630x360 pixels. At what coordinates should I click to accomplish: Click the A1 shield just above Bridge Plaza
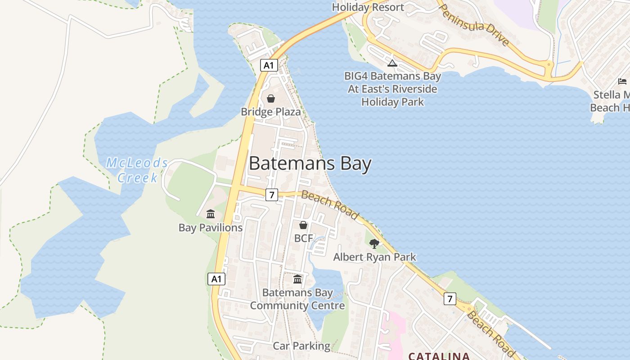[269, 66]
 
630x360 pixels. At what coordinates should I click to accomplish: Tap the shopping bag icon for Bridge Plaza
[271, 99]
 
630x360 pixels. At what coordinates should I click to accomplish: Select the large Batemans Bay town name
[310, 163]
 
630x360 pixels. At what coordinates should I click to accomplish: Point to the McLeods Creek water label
[137, 170]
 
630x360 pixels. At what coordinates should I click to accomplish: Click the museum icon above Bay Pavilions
[211, 214]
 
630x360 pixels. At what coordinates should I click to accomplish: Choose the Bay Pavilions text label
[211, 228]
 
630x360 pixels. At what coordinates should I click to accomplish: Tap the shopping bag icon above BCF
[303, 225]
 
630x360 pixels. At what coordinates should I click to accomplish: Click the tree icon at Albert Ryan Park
[374, 244]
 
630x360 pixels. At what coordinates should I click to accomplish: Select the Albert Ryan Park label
[374, 257]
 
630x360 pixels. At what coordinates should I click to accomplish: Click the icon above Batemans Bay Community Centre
[297, 279]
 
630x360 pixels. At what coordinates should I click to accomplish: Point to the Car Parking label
[301, 346]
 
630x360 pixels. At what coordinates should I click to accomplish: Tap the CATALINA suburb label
[439, 356]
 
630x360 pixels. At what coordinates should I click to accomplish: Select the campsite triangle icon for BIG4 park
[392, 63]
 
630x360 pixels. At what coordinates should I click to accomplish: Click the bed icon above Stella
[622, 81]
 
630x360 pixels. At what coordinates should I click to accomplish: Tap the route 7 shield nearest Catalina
[450, 298]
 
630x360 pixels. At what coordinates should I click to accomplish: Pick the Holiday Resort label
[368, 7]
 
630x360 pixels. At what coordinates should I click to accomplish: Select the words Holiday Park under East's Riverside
[392, 102]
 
